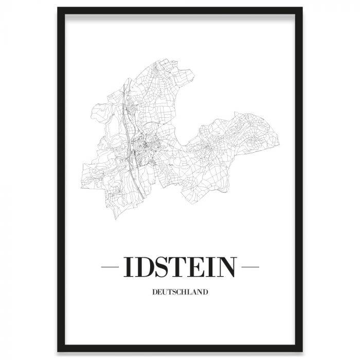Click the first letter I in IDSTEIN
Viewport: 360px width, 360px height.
pyautogui.click(x=127, y=267)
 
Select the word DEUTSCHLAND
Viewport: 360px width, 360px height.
pyautogui.click(x=179, y=293)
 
